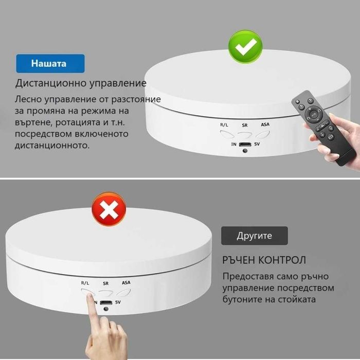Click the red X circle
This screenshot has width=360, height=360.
(x=107, y=210)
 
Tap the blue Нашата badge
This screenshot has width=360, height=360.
(x=49, y=64)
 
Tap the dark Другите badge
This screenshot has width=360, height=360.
(x=254, y=236)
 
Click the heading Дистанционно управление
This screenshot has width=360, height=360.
(x=81, y=83)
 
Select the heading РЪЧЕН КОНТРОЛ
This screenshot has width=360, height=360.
(x=264, y=260)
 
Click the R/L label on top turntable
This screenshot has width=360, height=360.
(x=224, y=125)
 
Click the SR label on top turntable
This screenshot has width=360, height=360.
(x=245, y=125)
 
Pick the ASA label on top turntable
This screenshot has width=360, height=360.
(x=265, y=125)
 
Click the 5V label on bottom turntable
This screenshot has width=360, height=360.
(x=118, y=302)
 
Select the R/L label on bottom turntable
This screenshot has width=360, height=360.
(x=85, y=283)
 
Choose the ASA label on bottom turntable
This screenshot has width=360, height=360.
(x=126, y=283)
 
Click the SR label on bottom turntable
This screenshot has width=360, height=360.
(x=105, y=283)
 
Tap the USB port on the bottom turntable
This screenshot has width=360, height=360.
(x=105, y=302)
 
